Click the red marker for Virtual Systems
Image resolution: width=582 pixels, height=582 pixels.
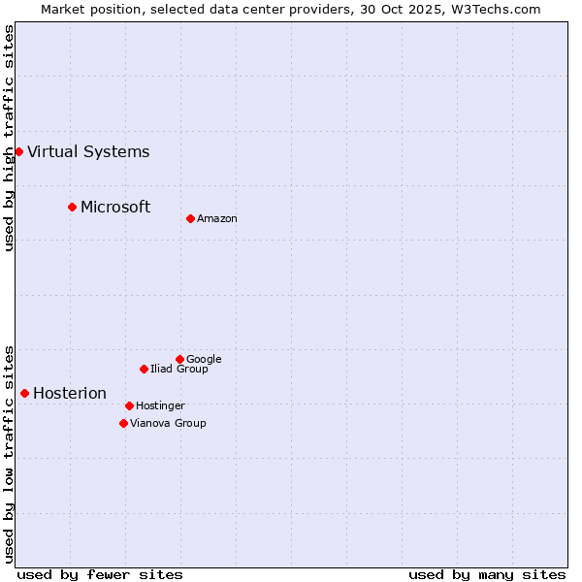pos(18,151)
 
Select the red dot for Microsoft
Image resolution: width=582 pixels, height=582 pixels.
pos(72,207)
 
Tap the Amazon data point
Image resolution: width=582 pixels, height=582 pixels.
pos(190,218)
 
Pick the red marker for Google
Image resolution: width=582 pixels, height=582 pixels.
pos(179,359)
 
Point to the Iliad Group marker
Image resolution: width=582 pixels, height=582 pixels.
pos(144,369)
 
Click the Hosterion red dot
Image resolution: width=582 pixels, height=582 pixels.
pos(24,393)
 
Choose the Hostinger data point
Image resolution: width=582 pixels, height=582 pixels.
pos(129,405)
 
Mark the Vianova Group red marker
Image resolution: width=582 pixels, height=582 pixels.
pos(123,423)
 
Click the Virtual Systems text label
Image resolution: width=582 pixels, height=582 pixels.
pos(88,151)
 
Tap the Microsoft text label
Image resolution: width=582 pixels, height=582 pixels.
pos(115,207)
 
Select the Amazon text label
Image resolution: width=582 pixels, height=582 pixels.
pos(217,218)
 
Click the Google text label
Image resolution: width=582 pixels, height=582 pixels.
pos(204,359)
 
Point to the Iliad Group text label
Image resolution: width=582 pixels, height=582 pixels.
pos(179,369)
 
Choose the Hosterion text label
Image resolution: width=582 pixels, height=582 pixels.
pos(70,393)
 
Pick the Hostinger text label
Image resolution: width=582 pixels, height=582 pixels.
pos(160,405)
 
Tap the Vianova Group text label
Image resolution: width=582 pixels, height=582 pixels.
pos(168,423)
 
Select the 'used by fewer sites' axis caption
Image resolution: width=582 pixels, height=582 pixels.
pos(100,574)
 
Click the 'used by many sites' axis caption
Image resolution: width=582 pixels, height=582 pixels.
pos(487,574)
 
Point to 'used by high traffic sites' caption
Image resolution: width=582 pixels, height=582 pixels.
pos(9,138)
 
